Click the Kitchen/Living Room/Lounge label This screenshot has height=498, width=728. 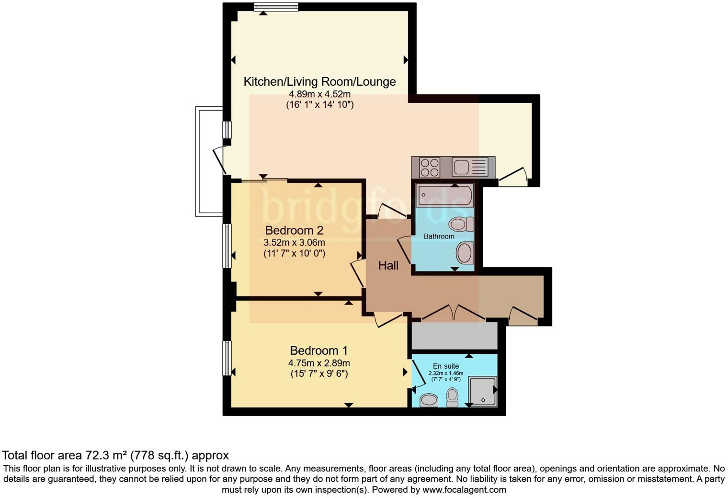319,81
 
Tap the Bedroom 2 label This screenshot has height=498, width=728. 294,230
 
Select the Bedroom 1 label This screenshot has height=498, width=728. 318,351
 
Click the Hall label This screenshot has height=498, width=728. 388,265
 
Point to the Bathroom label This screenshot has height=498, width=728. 439,237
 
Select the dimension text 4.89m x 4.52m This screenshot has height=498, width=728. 319,94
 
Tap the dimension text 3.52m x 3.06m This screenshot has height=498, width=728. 294,243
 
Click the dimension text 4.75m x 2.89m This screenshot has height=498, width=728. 318,363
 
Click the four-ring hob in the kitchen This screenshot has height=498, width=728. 429,168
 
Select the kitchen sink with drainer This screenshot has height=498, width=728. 469,167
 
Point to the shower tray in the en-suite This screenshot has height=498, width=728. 482,391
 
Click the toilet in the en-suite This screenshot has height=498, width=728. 452,397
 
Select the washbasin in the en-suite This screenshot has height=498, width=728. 429,400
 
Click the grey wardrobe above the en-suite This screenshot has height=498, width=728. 454,336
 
